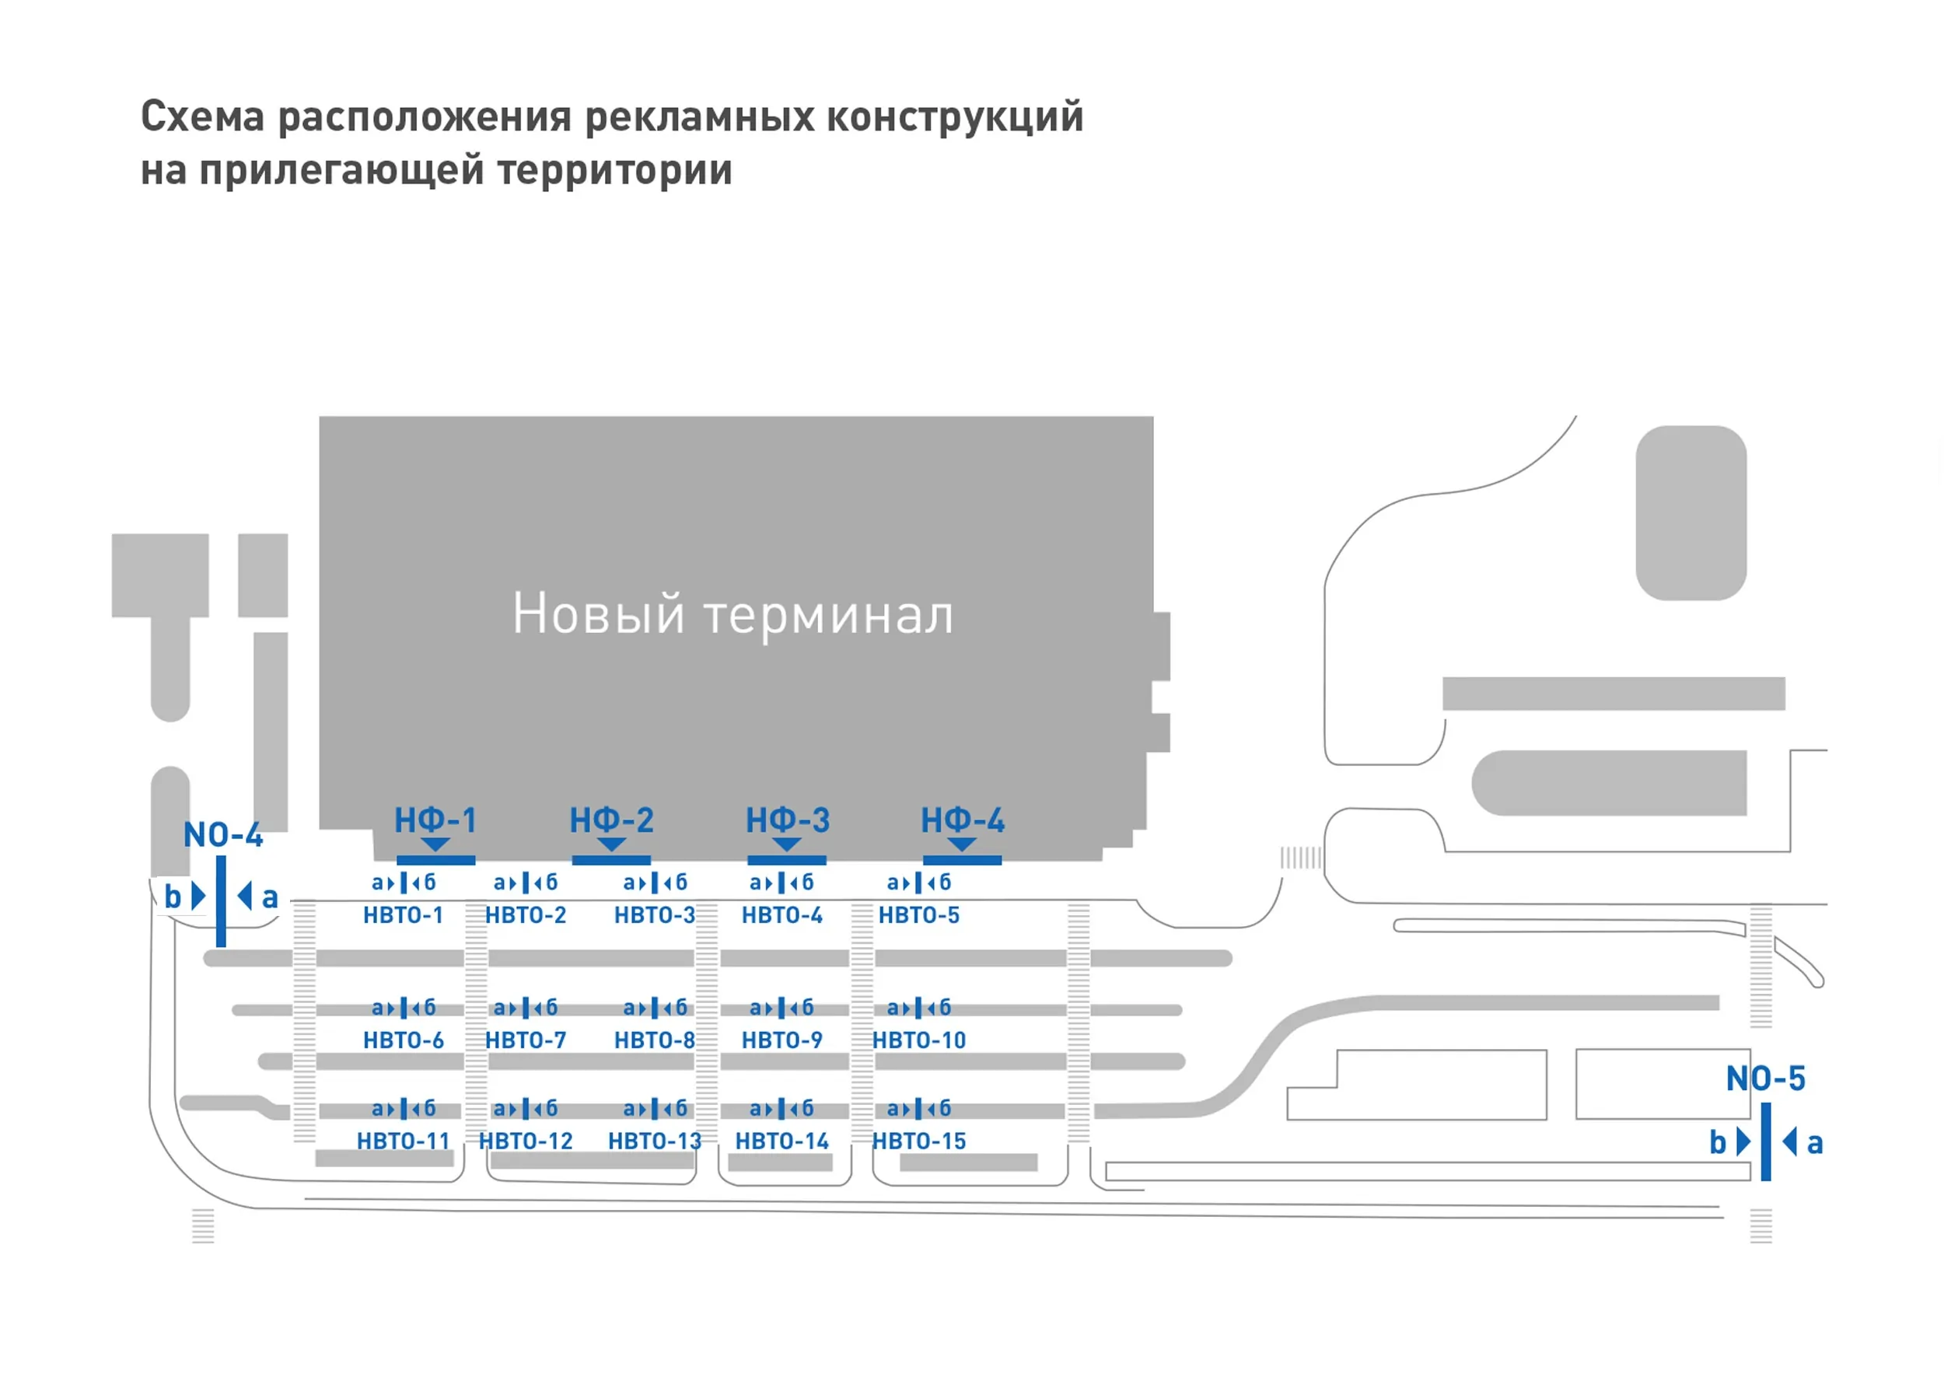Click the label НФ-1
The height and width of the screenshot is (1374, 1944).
435,820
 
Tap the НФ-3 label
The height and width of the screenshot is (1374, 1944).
788,820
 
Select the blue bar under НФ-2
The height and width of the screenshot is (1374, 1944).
611,860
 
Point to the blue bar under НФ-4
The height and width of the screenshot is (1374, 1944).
962,860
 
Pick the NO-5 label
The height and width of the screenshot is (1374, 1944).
1765,1079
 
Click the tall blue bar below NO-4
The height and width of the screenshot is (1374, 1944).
221,900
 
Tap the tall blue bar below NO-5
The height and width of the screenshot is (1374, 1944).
1765,1142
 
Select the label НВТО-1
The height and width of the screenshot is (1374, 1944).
403,915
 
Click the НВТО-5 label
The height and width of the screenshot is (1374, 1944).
918,915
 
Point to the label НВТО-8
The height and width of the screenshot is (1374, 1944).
655,1040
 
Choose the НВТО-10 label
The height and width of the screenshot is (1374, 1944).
918,1040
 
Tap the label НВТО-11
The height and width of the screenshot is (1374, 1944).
403,1142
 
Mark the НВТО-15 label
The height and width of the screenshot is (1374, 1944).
918,1142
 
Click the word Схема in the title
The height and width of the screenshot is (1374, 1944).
202,117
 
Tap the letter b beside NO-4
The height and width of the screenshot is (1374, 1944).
173,896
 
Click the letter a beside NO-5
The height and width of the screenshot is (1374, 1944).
1814,1144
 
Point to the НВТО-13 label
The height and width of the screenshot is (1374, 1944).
655,1142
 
